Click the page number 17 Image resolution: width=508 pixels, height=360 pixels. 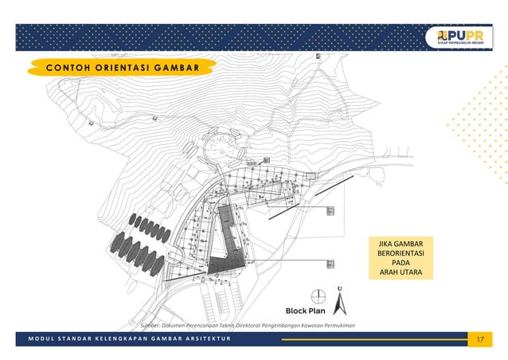[x=479, y=340]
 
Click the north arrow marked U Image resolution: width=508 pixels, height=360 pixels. [x=340, y=300]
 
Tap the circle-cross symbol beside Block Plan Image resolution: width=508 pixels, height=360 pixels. [x=318, y=295]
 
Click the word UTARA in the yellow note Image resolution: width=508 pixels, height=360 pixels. [x=408, y=273]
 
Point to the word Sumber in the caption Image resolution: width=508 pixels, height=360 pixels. [x=151, y=325]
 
